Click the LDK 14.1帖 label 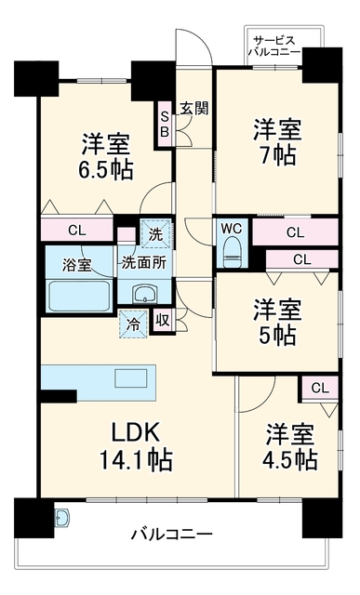[136, 446]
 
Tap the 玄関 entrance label [194, 109]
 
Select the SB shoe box [165, 124]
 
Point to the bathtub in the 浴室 [79, 296]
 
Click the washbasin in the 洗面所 [144, 294]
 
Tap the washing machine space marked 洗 [155, 234]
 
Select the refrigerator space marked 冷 [133, 324]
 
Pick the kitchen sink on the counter [130, 378]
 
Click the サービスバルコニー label [274, 46]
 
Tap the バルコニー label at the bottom [172, 535]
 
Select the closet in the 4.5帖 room [320, 388]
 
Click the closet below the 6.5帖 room [76, 230]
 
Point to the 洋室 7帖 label [278, 142]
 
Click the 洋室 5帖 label [278, 322]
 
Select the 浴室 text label [77, 265]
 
